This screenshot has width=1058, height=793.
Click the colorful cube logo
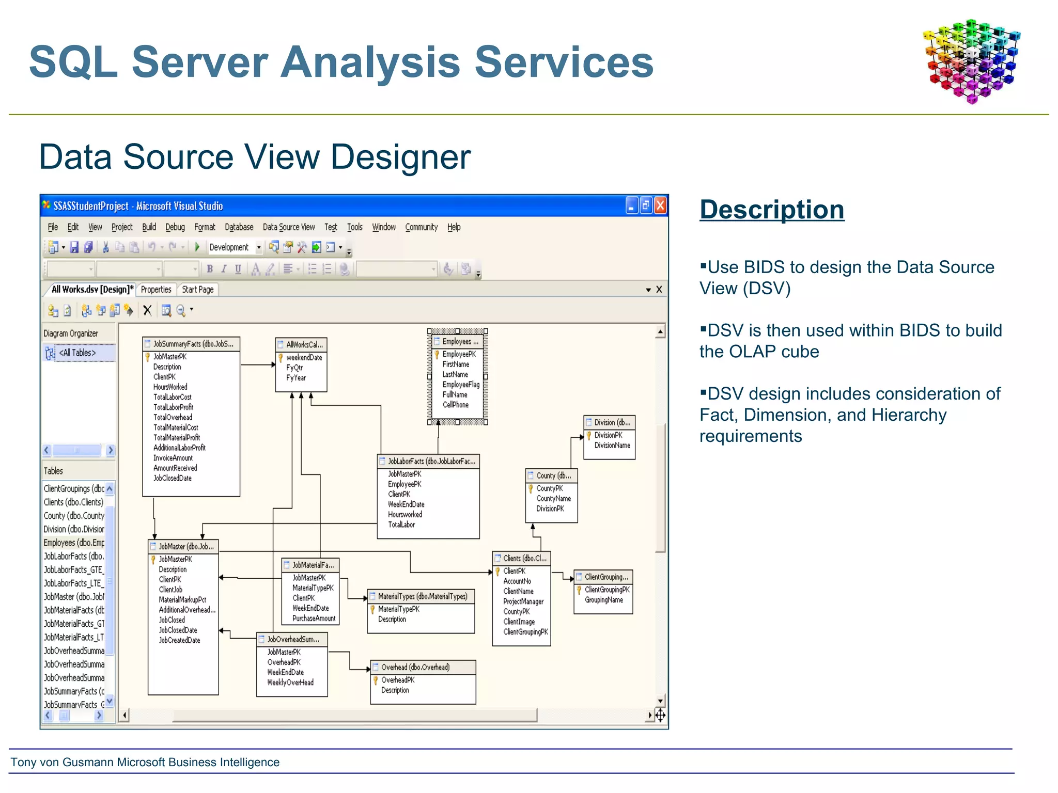click(x=971, y=61)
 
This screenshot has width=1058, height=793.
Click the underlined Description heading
click(x=772, y=210)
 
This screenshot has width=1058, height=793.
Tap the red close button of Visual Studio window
click(x=660, y=206)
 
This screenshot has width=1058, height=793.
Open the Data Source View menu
click(x=288, y=227)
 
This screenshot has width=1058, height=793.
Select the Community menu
click(x=421, y=227)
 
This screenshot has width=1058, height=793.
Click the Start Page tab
click(x=197, y=290)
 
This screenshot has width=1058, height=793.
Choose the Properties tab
click(x=156, y=290)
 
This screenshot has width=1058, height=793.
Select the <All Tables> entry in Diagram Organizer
click(x=77, y=353)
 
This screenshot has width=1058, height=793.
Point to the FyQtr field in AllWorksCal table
click(x=294, y=368)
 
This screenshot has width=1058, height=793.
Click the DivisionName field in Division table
click(x=612, y=446)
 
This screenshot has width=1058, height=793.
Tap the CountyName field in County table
click(x=553, y=499)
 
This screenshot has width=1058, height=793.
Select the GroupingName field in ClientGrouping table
click(x=604, y=600)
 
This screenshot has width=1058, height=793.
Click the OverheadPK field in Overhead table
click(x=398, y=680)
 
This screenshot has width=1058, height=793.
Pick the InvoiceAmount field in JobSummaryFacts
click(x=173, y=458)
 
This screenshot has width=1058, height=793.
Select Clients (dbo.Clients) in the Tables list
click(x=73, y=502)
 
